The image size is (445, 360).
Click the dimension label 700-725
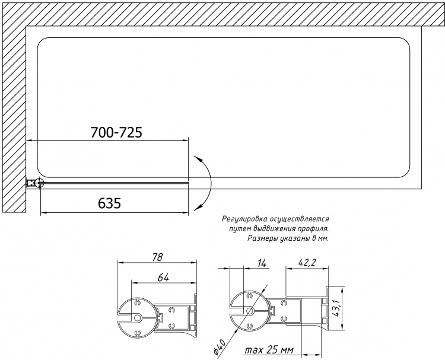pos(116,132)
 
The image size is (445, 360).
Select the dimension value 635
pos(110,203)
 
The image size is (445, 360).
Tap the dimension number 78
pos(157,257)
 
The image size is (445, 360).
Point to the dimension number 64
pos(163,278)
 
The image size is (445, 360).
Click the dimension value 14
pos(262,263)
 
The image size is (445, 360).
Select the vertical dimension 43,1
pos(338,308)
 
